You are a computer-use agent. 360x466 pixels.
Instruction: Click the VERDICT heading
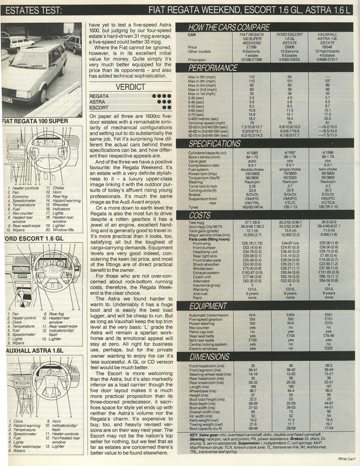pos(130,87)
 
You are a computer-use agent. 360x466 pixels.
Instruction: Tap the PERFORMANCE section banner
pos(213,68)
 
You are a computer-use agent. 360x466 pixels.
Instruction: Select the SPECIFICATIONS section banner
pos(214,144)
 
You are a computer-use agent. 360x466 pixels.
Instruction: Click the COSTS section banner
pos(199,215)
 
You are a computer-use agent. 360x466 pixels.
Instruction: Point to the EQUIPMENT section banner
pos(208,305)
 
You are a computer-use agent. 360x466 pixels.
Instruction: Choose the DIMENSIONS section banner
pos(209,357)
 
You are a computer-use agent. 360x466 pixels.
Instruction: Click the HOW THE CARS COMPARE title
pos(229,27)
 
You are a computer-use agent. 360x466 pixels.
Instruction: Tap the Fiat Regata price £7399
pos(251,48)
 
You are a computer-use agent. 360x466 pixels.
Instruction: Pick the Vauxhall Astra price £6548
pos(327,48)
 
